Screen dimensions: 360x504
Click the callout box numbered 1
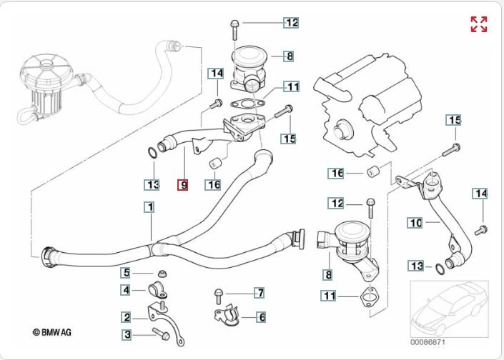149,208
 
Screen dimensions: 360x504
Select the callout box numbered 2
126,317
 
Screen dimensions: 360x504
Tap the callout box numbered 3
126,334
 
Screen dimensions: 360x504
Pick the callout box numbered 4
126,290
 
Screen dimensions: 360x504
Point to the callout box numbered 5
126,272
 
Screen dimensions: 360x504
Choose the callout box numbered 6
262,316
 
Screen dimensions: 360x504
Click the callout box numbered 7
261,293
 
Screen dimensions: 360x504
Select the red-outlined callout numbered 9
184,185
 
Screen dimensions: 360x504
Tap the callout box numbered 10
415,223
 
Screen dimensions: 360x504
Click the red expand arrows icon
479,24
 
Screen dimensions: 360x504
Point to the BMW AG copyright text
52,332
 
